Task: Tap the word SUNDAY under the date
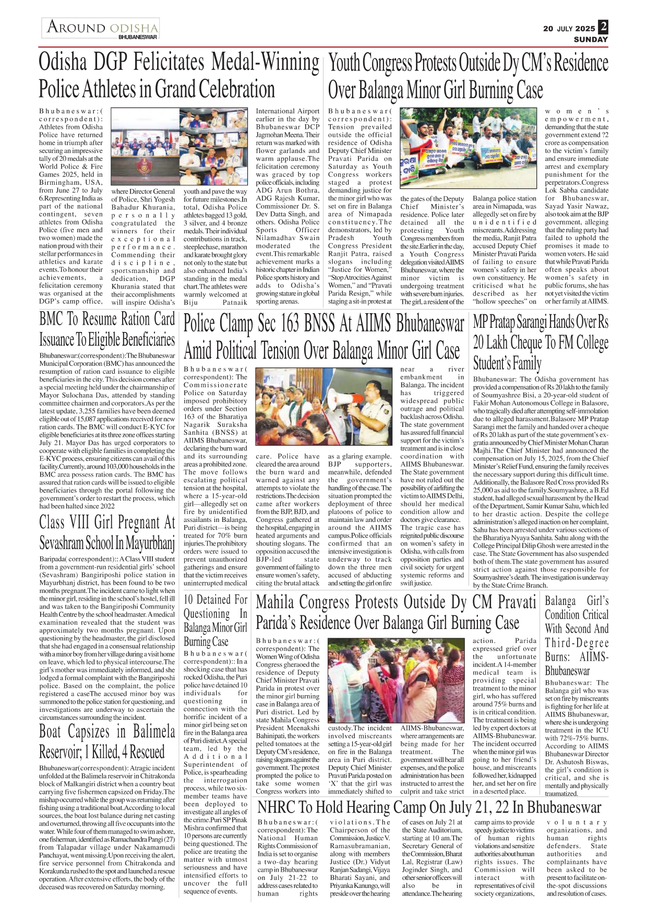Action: [x=591, y=40]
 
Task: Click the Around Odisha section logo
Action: [x=101, y=28]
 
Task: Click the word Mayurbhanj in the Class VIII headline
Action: [x=149, y=543]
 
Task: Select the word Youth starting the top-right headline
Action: [x=344, y=64]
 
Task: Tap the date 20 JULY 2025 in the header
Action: [x=568, y=29]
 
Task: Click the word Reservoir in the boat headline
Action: [x=59, y=752]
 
